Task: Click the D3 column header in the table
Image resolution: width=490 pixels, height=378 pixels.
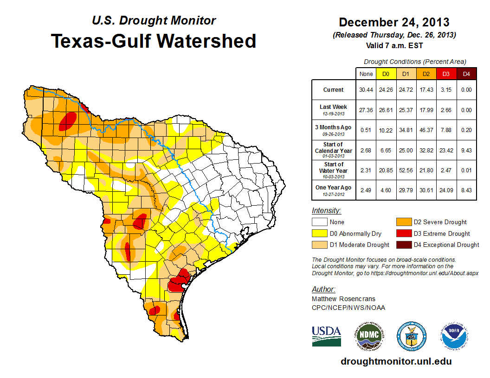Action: pos(445,74)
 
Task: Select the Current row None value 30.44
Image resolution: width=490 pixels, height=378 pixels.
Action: pos(365,90)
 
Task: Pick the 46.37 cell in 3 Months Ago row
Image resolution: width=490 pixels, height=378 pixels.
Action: pos(426,130)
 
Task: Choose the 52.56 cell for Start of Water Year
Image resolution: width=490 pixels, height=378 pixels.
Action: pos(406,170)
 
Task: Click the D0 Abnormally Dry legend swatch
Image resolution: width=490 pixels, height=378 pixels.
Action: pos(319,233)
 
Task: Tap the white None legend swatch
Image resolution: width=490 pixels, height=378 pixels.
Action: pos(319,222)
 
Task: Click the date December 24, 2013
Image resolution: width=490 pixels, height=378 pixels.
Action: pos(393,22)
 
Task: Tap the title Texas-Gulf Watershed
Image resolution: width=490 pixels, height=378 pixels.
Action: pos(153,41)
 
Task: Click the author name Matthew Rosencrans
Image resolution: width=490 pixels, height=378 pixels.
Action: pos(343,299)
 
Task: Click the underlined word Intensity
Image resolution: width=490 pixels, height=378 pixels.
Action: pos(326,211)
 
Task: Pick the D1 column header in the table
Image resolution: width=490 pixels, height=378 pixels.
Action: pos(406,74)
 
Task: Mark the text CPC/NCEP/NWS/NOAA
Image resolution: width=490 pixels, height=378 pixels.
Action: pos(348,308)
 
